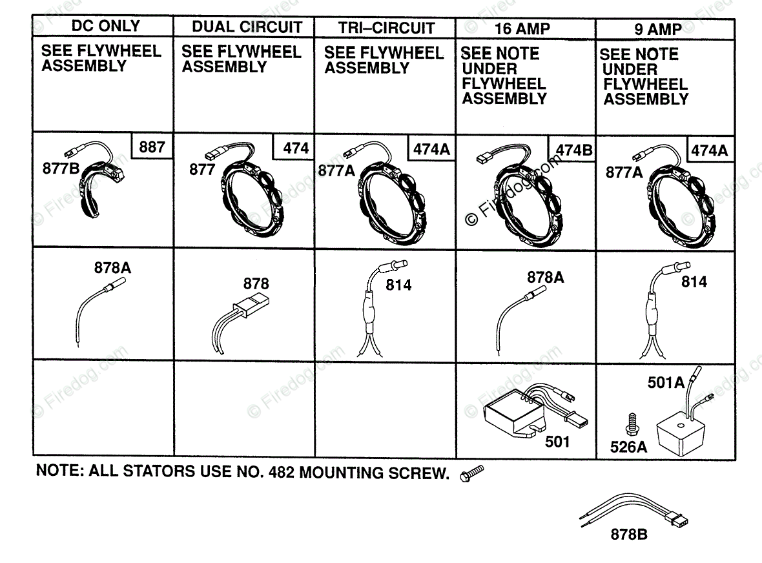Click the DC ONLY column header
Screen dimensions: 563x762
point(105,26)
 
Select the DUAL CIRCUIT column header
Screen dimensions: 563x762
point(247,27)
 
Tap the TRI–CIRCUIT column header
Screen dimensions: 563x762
point(386,28)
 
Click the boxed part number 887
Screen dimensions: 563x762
point(152,147)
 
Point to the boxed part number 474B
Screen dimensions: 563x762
point(573,150)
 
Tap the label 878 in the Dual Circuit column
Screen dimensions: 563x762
point(256,283)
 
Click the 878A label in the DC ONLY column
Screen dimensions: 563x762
point(112,267)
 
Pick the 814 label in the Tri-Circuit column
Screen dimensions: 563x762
point(398,285)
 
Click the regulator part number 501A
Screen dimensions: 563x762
point(666,382)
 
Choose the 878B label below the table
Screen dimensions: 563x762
point(629,534)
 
